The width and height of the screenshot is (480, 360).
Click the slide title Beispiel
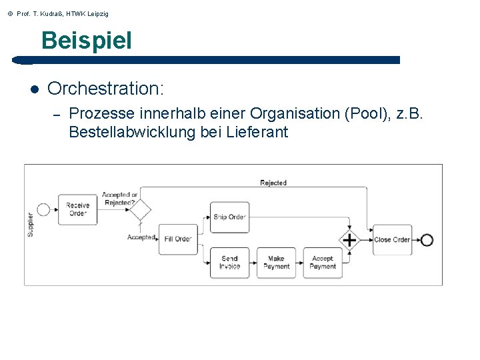tap(87, 41)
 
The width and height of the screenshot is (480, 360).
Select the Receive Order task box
tap(77, 209)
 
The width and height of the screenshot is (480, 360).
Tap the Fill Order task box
tap(178, 239)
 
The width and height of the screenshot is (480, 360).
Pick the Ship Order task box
tap(229, 217)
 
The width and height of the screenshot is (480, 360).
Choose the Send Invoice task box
tap(229, 263)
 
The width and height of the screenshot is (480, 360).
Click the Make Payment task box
tap(276, 263)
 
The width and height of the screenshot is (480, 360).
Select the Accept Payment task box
tap(323, 263)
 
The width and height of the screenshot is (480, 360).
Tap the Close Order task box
tap(392, 240)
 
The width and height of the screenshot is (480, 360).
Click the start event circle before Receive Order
tap(43, 209)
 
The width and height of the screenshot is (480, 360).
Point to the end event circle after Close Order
tap(427, 240)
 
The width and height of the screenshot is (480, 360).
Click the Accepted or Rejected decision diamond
tap(140, 209)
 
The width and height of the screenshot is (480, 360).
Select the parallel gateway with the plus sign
tap(349, 240)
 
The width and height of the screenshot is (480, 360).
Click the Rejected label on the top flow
tap(273, 183)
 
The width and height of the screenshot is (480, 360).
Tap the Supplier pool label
tap(30, 225)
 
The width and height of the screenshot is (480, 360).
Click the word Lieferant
tap(257, 132)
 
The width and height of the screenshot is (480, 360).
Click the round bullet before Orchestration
tap(33, 89)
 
